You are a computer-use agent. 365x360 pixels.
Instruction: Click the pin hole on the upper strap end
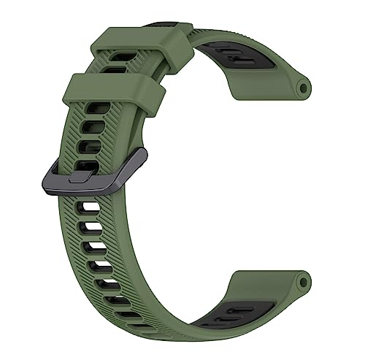[303, 88]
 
